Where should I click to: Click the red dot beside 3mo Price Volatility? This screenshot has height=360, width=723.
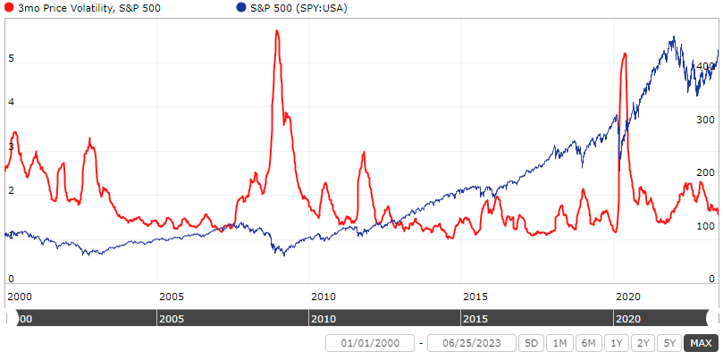[x=9, y=7]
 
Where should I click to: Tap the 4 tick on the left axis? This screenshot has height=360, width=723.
[x=11, y=103]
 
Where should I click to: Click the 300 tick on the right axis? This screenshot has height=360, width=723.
[x=705, y=119]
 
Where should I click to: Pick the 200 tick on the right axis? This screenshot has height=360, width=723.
[x=705, y=172]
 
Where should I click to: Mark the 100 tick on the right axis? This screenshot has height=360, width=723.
[x=705, y=226]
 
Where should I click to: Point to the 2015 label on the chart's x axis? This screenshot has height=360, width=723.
[x=475, y=296]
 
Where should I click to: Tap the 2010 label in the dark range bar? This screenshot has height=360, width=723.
[x=323, y=318]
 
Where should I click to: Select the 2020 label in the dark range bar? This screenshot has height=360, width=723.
[x=628, y=318]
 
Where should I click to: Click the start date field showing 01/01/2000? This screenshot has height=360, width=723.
[x=371, y=343]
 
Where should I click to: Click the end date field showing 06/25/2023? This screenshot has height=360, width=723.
[x=472, y=343]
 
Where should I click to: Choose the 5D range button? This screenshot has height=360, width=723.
[x=532, y=343]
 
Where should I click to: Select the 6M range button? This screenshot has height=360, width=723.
[x=587, y=343]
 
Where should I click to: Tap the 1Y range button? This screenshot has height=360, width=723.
[x=614, y=343]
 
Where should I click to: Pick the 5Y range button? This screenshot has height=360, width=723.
[x=668, y=343]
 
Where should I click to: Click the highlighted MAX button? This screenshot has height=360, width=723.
[x=700, y=343]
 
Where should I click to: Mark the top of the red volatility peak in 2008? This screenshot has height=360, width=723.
[x=277, y=31]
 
